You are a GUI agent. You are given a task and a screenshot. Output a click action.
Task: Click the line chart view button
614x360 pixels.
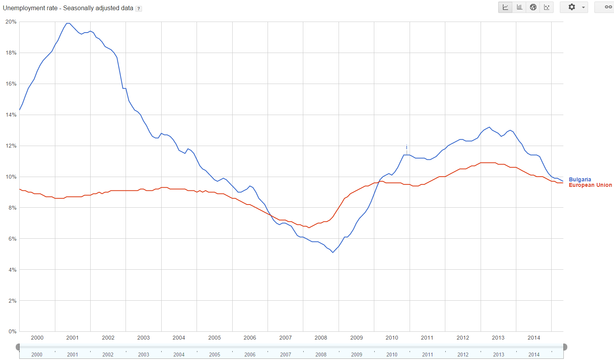[505, 7]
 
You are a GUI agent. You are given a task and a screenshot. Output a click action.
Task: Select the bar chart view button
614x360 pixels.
[519, 7]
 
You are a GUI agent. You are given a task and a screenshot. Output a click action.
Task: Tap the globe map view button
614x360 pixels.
[533, 7]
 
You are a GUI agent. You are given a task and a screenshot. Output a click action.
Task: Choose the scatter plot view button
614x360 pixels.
[547, 7]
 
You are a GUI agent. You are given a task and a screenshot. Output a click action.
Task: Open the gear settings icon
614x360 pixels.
[572, 7]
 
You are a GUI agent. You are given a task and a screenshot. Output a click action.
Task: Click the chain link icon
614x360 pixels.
[608, 7]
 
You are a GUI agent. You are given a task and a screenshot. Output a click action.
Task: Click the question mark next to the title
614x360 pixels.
[138, 9]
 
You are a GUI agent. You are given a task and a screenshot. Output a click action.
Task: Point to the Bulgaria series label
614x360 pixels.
[579, 179]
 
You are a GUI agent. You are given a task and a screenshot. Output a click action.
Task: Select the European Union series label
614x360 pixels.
[590, 185]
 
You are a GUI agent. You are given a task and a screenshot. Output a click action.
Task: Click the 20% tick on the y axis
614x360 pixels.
[11, 22]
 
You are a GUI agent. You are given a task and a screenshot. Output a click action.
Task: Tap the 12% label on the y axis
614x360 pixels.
[11, 146]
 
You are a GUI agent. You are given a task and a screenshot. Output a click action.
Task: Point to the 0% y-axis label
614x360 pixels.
[13, 331]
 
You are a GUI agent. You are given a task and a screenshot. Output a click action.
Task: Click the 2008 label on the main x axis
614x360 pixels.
[321, 338]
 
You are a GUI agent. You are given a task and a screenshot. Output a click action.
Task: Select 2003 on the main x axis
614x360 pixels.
[143, 338]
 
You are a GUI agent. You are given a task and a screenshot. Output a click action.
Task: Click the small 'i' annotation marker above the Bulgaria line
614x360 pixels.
[406, 147]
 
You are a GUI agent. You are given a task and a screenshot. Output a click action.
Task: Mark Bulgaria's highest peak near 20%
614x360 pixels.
[68, 23]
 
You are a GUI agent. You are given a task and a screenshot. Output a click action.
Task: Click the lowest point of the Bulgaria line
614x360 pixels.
[333, 252]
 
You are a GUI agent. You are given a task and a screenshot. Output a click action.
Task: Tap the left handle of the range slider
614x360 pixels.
[18, 347]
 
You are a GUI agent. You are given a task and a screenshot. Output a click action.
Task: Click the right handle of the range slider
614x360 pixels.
[565, 347]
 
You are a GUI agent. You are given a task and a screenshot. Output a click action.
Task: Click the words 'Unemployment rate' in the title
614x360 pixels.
[30, 8]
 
